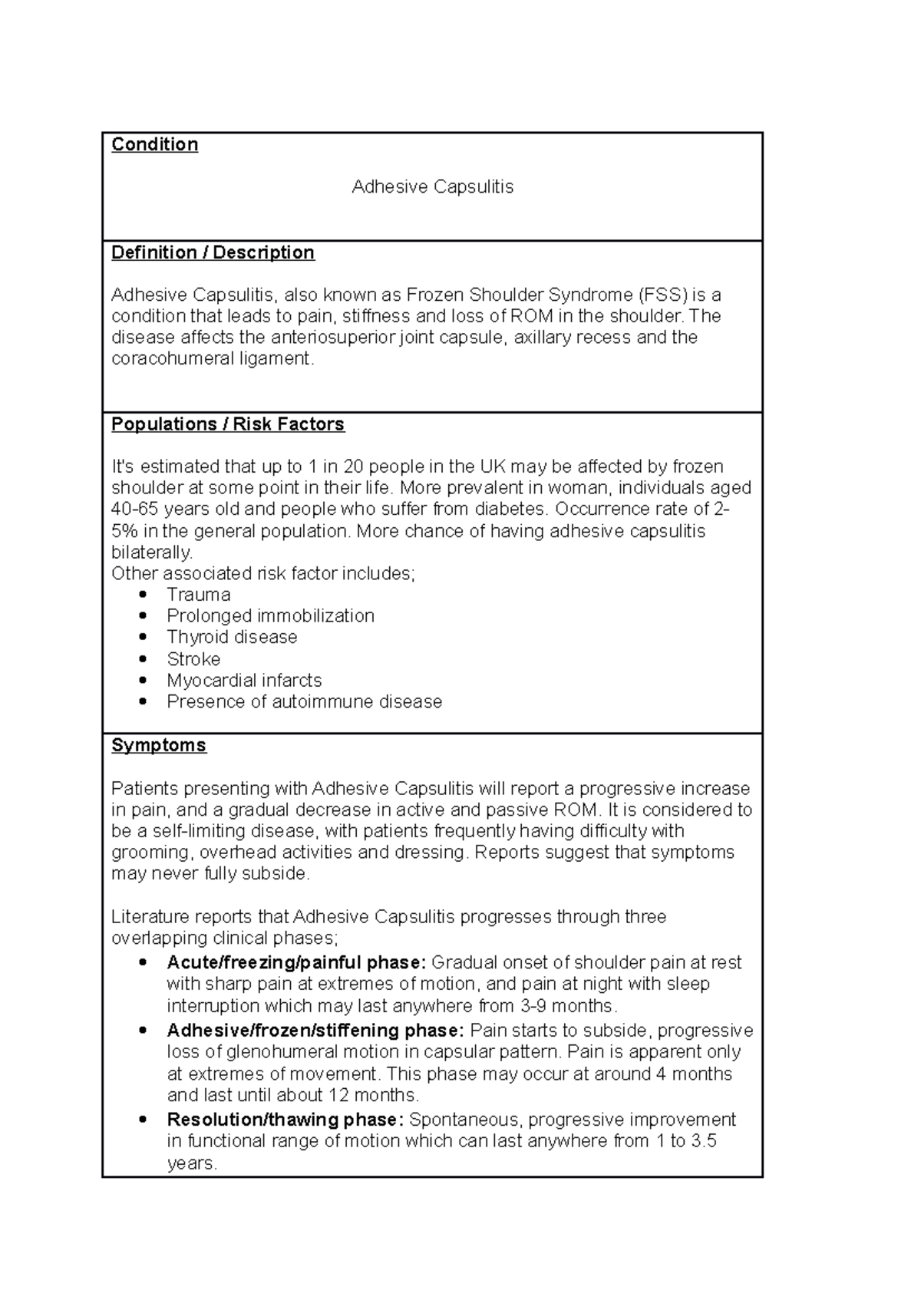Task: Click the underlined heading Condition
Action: click(x=154, y=144)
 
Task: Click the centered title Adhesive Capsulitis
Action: click(x=432, y=186)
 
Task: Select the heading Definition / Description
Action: click(x=213, y=252)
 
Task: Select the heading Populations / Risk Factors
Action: click(x=227, y=424)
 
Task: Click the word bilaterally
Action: click(x=151, y=553)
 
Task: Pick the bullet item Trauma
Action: click(x=198, y=595)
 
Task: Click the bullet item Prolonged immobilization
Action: click(x=270, y=615)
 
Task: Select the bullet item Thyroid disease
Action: click(x=232, y=637)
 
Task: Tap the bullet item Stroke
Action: click(x=193, y=659)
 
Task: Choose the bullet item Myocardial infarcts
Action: click(x=244, y=680)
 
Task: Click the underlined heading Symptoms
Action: click(x=158, y=745)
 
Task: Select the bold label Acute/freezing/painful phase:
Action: click(x=295, y=962)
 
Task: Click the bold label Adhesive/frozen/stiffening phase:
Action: click(x=315, y=1030)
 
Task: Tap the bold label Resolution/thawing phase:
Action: click(x=285, y=1120)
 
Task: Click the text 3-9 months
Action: click(x=567, y=1006)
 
